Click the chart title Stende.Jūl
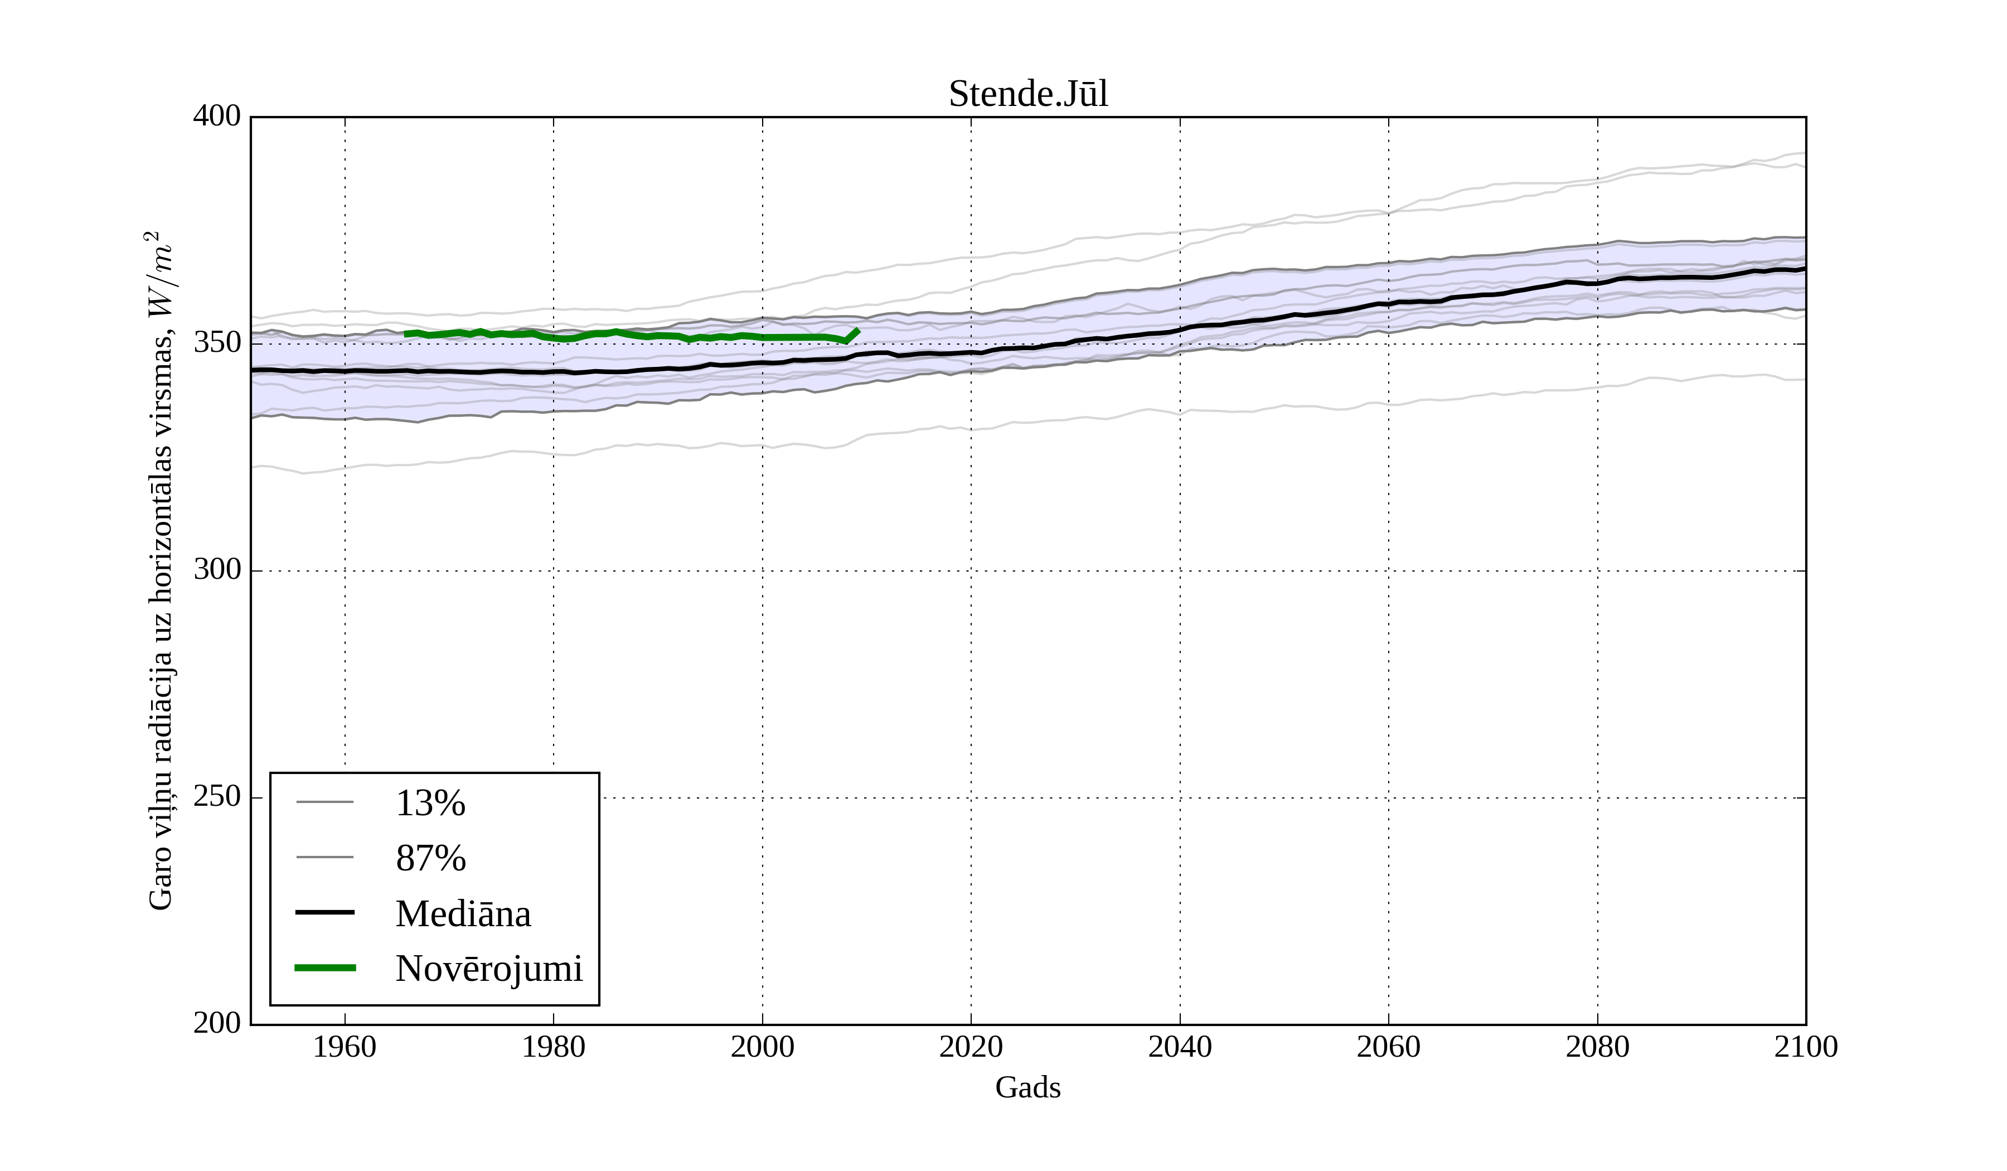[1027, 94]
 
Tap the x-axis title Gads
[1027, 1087]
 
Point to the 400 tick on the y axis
[217, 117]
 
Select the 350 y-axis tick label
[217, 343]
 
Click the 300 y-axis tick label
[217, 570]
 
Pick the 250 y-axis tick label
[217, 797]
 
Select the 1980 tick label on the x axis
[554, 1047]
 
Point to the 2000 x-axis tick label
[762, 1047]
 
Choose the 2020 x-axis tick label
[971, 1047]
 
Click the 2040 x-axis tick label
[1180, 1047]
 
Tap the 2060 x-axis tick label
[1388, 1047]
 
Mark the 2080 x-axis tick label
[1597, 1047]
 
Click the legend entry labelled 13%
[430, 803]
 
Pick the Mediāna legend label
[463, 914]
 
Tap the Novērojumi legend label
[489, 969]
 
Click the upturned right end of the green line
[857, 331]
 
